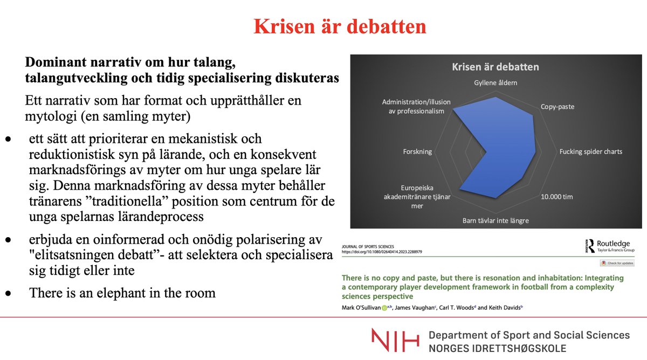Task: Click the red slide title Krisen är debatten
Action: tap(340, 26)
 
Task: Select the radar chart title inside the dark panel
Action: tap(495, 67)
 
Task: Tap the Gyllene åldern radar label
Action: tap(495, 83)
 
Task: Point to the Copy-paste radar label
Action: tap(557, 107)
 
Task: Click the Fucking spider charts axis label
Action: tap(590, 151)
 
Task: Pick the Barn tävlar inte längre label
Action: tap(495, 220)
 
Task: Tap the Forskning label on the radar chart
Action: tap(417, 151)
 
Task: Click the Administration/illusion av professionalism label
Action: tap(416, 106)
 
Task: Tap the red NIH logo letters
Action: tap(395, 341)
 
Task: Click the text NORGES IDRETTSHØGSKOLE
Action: tap(497, 348)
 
